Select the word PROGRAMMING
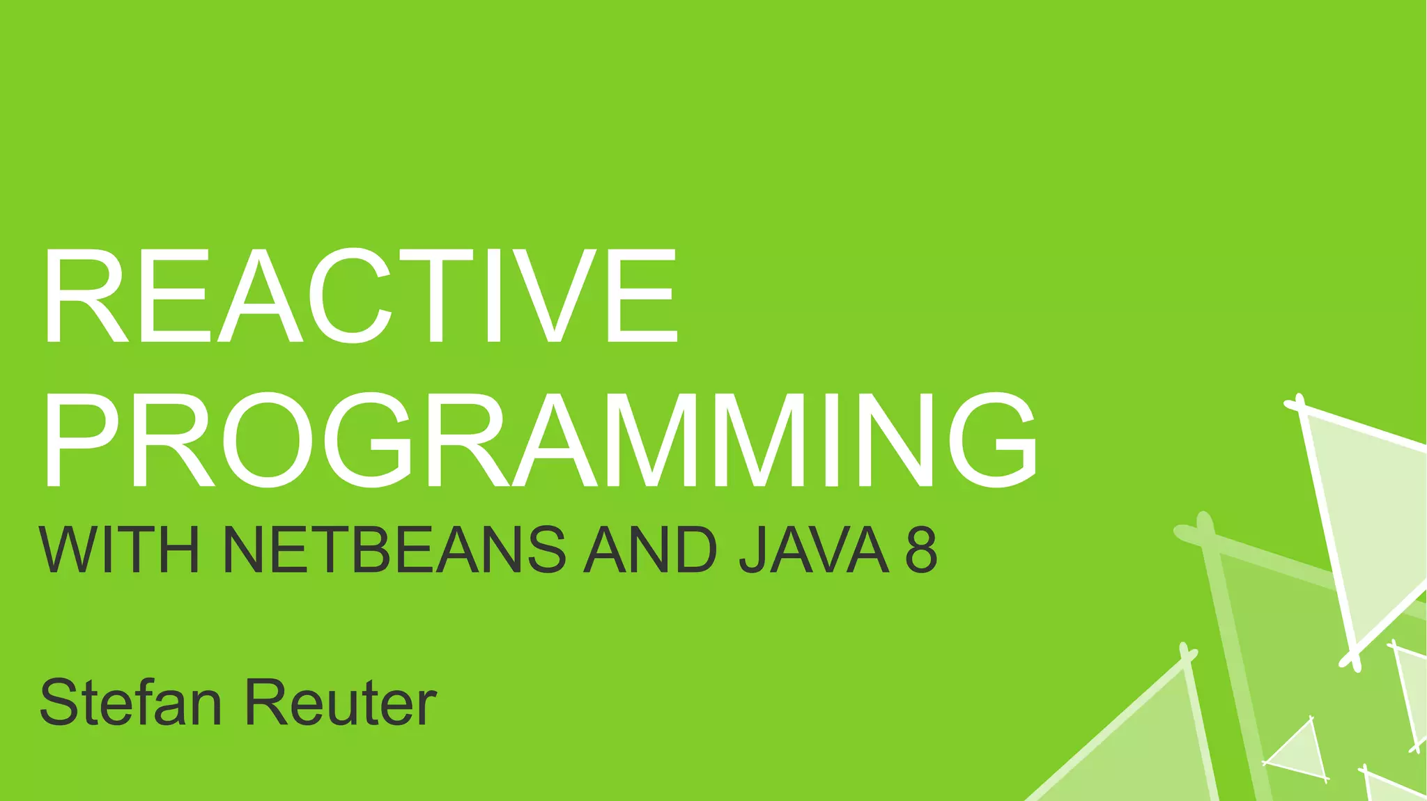(540, 440)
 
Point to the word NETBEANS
(394, 550)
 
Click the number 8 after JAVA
(921, 550)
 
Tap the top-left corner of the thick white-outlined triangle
(1297, 405)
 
